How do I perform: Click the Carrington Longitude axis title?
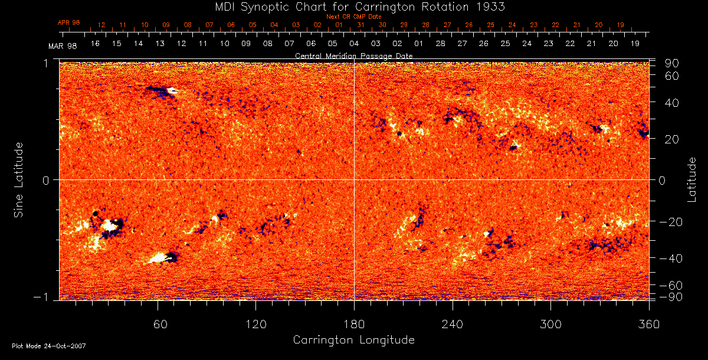(x=353, y=340)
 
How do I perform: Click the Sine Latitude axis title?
(x=19, y=179)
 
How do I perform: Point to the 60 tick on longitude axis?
(x=158, y=324)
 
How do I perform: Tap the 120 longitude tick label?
(x=255, y=324)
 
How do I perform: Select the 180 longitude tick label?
(x=354, y=324)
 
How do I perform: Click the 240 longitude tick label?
(x=452, y=324)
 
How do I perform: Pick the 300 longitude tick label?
(x=550, y=324)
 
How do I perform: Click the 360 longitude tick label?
(x=648, y=324)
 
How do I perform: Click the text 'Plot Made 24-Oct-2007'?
(x=48, y=346)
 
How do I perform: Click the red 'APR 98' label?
(x=68, y=22)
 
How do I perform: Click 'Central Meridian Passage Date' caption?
(x=353, y=55)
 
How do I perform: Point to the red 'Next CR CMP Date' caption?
(x=353, y=17)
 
